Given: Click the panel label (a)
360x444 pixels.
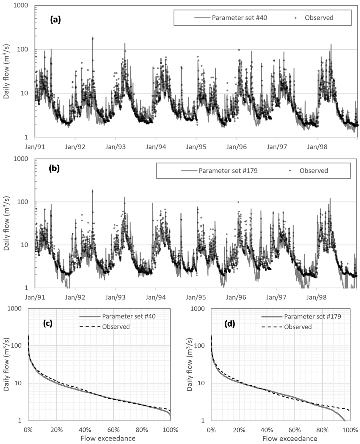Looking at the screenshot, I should (x=55, y=20).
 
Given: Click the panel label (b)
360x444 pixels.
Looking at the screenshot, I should (x=54, y=168).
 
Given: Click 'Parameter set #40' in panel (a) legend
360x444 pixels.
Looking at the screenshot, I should (x=239, y=18).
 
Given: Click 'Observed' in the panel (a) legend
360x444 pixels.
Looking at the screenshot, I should (x=319, y=18).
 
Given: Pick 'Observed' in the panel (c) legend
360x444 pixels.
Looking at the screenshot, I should (x=116, y=327).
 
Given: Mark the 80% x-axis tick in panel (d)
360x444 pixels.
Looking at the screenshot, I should (x=322, y=429).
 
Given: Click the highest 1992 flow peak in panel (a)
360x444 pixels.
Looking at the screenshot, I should (x=92, y=38).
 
